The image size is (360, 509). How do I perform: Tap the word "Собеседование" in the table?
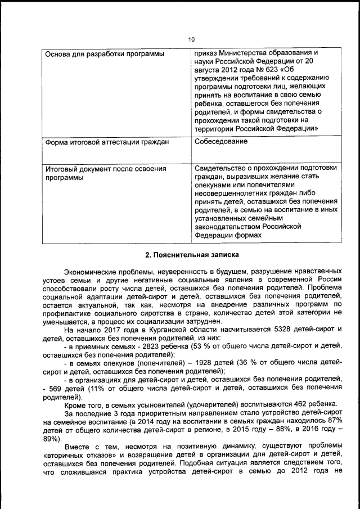pyautogui.click(x=220, y=141)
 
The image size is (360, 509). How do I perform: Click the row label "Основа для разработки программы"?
pyautogui.click(x=104, y=55)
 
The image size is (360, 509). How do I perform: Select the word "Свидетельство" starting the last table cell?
pyautogui.click(x=221, y=169)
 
